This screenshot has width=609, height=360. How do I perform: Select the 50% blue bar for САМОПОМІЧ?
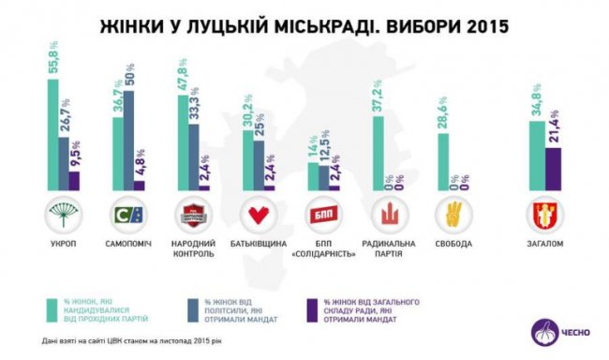pyautogui.click(x=128, y=141)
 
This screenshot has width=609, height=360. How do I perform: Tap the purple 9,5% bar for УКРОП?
pyautogui.click(x=74, y=181)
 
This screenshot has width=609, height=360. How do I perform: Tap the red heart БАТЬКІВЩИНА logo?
pyautogui.click(x=256, y=215)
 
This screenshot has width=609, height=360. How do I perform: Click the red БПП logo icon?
pyautogui.click(x=319, y=215)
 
